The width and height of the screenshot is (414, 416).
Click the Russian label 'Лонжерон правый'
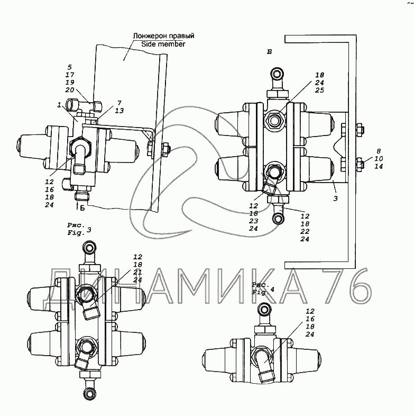point(163,36)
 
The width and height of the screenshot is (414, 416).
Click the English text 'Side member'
point(163,44)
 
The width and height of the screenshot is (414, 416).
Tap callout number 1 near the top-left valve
point(59,105)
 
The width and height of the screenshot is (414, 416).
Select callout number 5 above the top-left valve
point(70,67)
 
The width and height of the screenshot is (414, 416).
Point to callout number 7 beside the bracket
point(119,103)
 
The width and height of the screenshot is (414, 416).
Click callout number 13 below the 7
point(119,111)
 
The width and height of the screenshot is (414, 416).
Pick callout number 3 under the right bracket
point(336,198)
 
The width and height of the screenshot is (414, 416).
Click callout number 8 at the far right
point(379,151)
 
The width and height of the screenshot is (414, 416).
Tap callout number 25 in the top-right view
point(320,90)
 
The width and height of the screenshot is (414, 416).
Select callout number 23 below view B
point(253,221)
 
